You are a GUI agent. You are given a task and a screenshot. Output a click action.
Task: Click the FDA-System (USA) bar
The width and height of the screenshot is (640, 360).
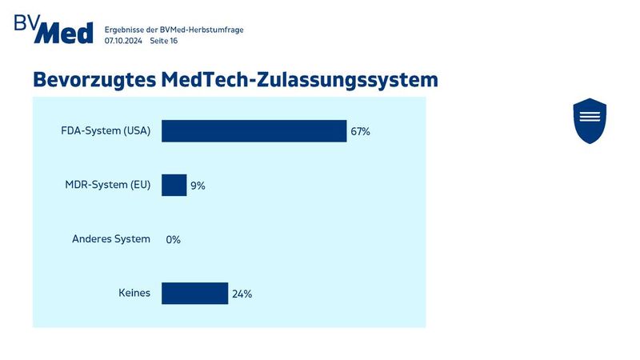click(254, 131)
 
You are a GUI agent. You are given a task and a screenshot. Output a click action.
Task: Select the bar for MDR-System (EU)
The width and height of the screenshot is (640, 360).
click(174, 185)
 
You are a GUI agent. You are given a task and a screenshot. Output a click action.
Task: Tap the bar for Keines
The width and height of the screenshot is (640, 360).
click(194, 294)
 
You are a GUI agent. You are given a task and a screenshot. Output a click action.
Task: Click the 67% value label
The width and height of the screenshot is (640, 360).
click(360, 132)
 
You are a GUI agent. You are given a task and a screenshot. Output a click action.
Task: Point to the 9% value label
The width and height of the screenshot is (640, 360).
click(198, 186)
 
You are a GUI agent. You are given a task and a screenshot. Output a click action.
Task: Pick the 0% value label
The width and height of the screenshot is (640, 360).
click(173, 239)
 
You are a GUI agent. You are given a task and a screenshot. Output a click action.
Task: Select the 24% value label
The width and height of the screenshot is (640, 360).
click(242, 294)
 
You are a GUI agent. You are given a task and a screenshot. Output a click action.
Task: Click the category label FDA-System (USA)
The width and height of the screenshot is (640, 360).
click(106, 131)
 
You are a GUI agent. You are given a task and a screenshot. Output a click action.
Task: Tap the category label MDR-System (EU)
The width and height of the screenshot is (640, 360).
click(107, 185)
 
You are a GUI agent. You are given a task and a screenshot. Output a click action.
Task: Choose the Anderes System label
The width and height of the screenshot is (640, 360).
click(111, 238)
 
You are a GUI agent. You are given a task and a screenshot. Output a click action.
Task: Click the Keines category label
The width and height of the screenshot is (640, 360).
click(134, 293)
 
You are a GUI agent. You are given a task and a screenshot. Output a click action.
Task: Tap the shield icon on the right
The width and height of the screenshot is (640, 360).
click(590, 121)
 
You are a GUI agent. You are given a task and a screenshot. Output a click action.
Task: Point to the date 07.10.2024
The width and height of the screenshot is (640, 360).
click(123, 41)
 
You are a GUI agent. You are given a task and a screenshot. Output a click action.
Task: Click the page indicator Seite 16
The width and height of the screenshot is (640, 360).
click(164, 41)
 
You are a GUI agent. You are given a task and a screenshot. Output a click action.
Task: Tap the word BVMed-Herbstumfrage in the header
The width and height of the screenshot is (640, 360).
click(203, 30)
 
